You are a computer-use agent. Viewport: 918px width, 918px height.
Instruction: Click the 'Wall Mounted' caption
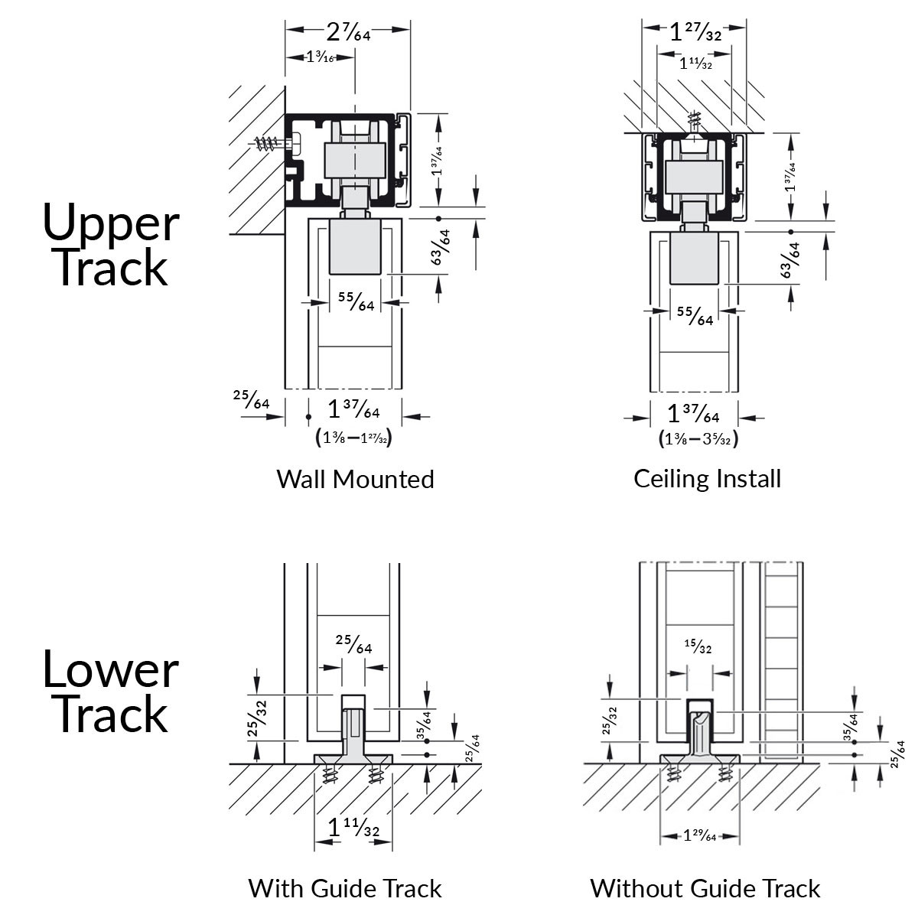point(355,479)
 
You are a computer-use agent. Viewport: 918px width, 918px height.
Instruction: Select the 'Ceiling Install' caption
point(707,479)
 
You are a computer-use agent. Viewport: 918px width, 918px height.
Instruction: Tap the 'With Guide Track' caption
point(345,888)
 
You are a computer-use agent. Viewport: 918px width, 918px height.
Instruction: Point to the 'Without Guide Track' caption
point(705,888)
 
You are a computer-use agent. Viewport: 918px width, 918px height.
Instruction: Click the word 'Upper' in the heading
point(111,223)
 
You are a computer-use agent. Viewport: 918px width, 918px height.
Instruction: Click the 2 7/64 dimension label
point(348,32)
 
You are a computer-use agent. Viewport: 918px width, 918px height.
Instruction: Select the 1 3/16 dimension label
point(320,57)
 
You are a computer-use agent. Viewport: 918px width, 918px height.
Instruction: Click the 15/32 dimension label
point(698,646)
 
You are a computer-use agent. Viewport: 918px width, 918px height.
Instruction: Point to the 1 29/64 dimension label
point(699,835)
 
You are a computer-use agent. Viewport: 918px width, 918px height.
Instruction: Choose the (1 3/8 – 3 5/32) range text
point(698,438)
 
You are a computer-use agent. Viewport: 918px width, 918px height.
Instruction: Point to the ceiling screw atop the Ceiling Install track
point(695,121)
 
